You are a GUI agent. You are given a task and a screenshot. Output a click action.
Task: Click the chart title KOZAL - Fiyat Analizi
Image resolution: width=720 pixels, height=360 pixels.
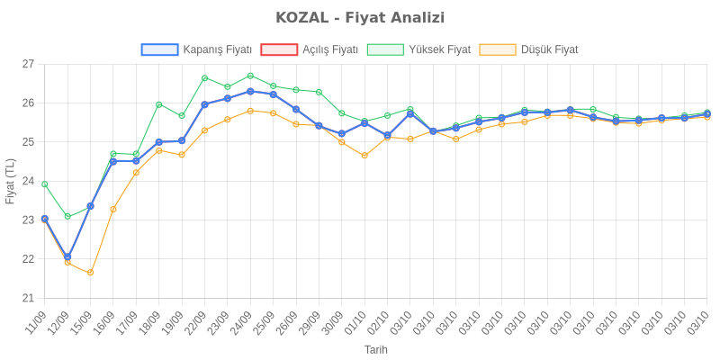pyautogui.click(x=360, y=18)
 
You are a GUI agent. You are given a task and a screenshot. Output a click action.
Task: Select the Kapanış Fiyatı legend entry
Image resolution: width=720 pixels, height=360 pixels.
pyautogui.click(x=196, y=49)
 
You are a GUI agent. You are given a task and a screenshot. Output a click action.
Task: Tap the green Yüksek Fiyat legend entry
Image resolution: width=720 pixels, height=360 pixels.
pyautogui.click(x=419, y=49)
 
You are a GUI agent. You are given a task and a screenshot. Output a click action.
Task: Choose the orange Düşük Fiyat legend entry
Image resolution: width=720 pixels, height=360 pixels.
pyautogui.click(x=529, y=49)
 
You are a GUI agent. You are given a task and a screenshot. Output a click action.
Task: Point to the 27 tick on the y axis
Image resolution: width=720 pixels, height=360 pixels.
pyautogui.click(x=28, y=64)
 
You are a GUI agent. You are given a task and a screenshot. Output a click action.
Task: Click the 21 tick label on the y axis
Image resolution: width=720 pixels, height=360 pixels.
pyautogui.click(x=28, y=298)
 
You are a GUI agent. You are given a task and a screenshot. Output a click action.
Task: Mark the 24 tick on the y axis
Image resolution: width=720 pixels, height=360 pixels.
pyautogui.click(x=28, y=181)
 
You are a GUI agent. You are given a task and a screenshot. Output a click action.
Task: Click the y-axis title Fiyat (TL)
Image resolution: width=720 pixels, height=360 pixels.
pyautogui.click(x=10, y=181)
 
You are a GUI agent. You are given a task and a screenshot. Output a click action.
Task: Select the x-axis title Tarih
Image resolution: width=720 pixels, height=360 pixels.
pyautogui.click(x=376, y=349)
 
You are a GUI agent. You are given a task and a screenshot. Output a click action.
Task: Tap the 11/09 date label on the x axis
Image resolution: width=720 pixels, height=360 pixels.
pyautogui.click(x=38, y=320)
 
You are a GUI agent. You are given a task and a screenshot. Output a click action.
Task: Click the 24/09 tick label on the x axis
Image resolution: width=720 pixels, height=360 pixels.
pyautogui.click(x=243, y=320)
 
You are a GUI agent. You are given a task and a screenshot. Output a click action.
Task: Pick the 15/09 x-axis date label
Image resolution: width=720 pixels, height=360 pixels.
pyautogui.click(x=84, y=320)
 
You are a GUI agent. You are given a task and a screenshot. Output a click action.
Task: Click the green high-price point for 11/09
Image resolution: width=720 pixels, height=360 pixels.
pyautogui.click(x=44, y=184)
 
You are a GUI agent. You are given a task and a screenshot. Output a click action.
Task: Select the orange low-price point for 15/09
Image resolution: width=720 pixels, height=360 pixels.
pyautogui.click(x=90, y=272)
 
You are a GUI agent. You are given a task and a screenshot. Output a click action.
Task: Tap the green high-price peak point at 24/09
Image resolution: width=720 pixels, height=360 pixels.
pyautogui.click(x=250, y=76)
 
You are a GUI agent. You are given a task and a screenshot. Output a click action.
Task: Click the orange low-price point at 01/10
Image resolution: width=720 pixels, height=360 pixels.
pyautogui.click(x=364, y=155)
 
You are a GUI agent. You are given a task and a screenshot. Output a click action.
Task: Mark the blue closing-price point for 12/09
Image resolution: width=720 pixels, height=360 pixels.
pyautogui.click(x=67, y=256)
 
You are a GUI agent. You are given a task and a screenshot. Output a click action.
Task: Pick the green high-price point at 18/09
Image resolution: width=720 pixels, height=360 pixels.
pyautogui.click(x=158, y=104)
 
